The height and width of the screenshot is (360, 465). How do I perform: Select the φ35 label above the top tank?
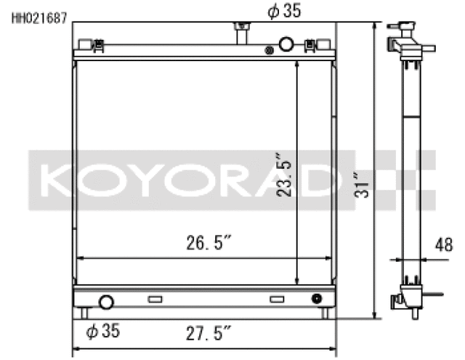coord(283,11)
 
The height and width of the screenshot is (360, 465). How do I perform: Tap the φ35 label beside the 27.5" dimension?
coord(102,332)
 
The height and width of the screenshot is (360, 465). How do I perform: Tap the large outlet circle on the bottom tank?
coord(106,302)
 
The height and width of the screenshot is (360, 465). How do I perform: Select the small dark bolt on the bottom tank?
coord(316,298)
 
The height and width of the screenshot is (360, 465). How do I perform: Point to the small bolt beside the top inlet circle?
coord(270,50)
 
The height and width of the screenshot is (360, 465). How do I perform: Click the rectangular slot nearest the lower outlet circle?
coord(155,299)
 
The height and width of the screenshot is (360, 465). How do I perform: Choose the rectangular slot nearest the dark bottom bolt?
coord(277,299)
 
